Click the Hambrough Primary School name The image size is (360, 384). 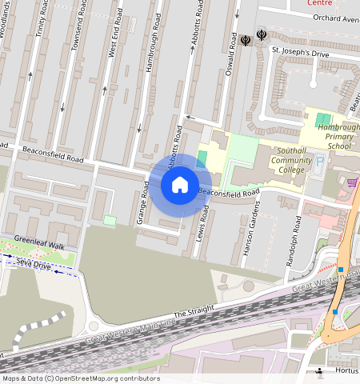point(338,137)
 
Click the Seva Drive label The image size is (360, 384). point(31,266)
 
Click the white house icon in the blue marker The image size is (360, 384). point(180,185)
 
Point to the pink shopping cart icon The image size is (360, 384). point(352,182)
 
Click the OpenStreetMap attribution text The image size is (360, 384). point(81,378)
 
